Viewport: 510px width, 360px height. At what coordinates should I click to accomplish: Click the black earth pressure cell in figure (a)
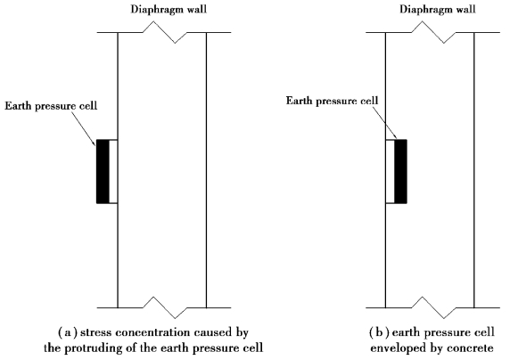(x=103, y=171)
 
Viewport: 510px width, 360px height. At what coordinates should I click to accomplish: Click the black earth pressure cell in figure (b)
(x=400, y=171)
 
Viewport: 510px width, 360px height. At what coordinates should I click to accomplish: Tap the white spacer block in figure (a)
(x=113, y=171)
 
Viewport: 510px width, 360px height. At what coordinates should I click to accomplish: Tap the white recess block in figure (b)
(x=390, y=171)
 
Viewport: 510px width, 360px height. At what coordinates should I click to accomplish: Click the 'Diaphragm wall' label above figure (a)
(x=169, y=9)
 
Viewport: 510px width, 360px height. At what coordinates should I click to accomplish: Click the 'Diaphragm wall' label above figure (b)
(x=438, y=9)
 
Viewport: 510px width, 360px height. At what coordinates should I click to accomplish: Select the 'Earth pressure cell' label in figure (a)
(x=51, y=106)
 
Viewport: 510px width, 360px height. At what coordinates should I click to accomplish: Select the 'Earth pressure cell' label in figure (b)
(x=332, y=101)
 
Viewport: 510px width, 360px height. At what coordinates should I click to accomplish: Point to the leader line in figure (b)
(x=384, y=123)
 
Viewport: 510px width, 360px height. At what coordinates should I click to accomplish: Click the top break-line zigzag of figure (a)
(x=164, y=32)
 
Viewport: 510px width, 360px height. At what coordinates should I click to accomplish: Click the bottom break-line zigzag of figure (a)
(x=164, y=307)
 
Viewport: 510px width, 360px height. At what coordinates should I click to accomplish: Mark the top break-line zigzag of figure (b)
(x=433, y=32)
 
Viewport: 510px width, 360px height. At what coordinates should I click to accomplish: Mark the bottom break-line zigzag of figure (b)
(x=433, y=307)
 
